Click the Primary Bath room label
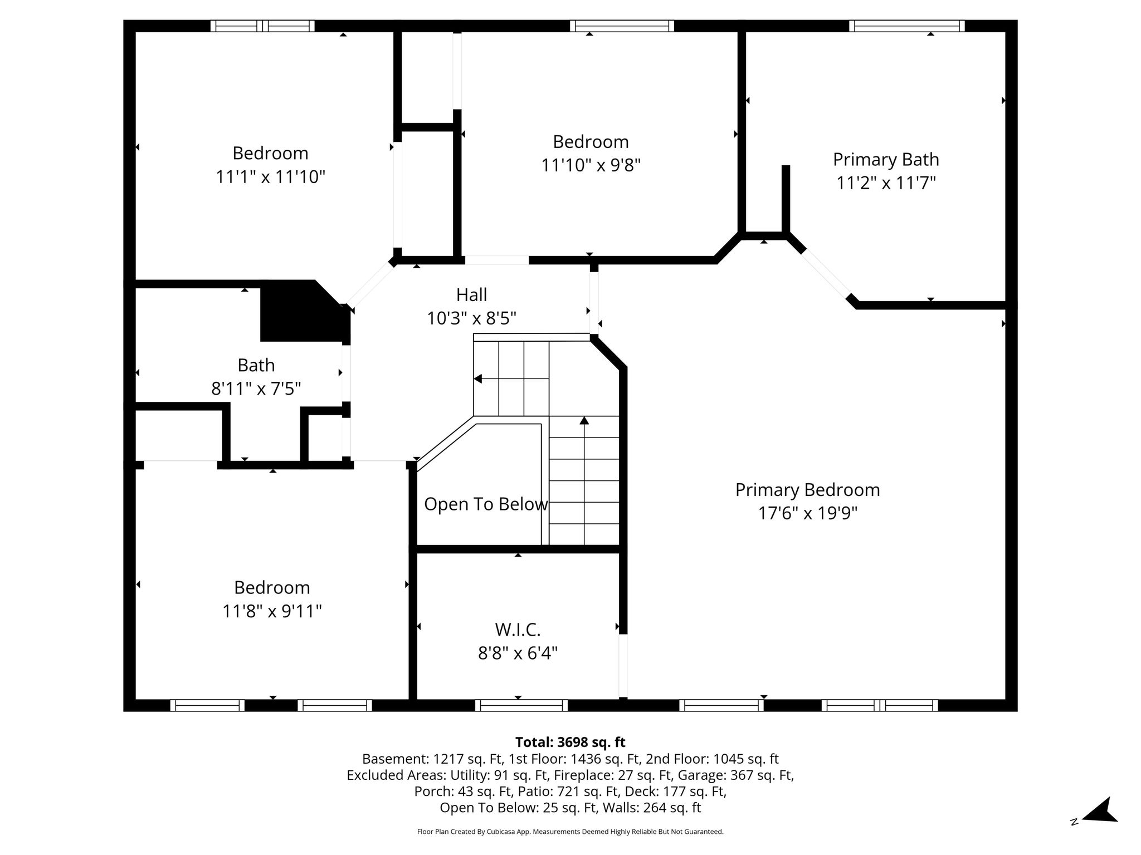tap(886, 160)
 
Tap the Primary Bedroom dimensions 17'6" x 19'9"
tap(807, 513)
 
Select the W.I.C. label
tap(518, 630)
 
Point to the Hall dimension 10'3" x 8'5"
tap(471, 318)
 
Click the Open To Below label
tap(486, 504)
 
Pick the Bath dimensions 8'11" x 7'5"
tap(256, 388)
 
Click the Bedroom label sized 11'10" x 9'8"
tap(591, 142)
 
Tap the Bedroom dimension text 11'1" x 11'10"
tap(270, 177)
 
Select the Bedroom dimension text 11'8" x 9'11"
tap(272, 611)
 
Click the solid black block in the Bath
tap(301, 311)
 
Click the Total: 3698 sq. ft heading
tap(570, 742)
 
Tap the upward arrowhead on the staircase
tap(584, 421)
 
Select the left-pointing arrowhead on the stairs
tap(477, 379)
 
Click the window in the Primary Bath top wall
tap(907, 26)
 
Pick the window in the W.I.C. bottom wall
tap(521, 705)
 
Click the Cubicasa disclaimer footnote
tap(570, 832)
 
